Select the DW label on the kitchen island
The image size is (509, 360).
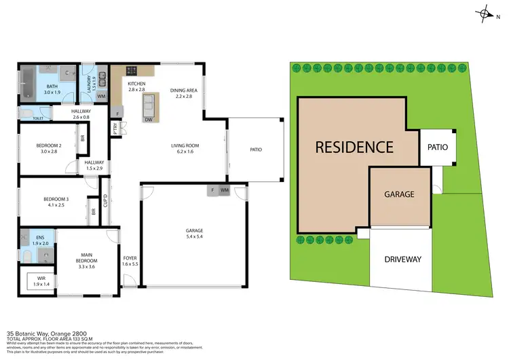[x=149, y=120]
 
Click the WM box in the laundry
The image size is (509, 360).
[x=101, y=96]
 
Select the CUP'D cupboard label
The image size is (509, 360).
[x=105, y=200]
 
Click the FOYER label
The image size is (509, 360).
[x=130, y=257]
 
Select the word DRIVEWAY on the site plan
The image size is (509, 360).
[x=402, y=259]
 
